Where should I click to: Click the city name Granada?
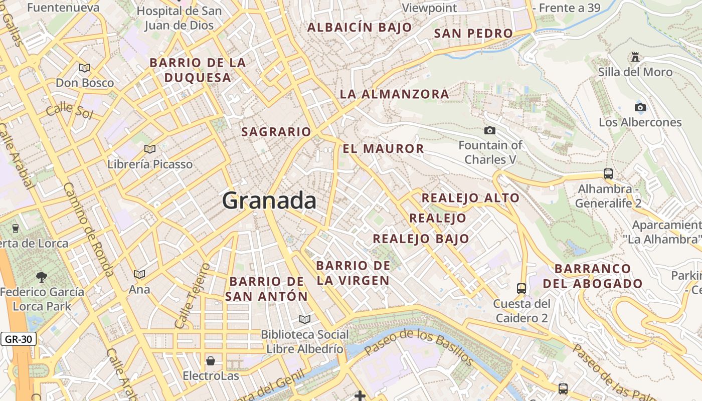pos(269,201)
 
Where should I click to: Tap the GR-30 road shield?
pos(19,339)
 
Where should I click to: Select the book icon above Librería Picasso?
pos(149,149)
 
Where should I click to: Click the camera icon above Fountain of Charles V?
pos(490,131)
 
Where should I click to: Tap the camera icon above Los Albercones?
pos(640,107)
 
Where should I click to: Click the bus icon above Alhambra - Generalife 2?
pos(608,174)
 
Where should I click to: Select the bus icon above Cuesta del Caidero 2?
pos(521,289)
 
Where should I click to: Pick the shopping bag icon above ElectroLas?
pos(211,361)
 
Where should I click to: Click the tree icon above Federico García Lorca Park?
pos(42,276)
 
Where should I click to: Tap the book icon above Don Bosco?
pos(85,68)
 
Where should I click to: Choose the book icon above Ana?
pos(139,275)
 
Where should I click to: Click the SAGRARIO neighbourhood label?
pos(276,132)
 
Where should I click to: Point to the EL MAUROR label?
pos(384,149)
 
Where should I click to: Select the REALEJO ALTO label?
pos(470,198)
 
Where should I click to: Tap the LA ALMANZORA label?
pos(394,94)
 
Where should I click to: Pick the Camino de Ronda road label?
pos(88,230)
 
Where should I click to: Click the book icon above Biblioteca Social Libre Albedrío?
pos(304,319)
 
